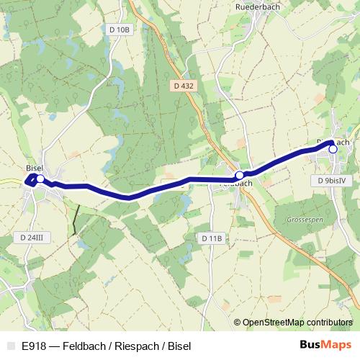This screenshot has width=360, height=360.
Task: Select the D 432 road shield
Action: coord(184,86)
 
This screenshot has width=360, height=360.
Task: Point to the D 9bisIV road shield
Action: coord(333,180)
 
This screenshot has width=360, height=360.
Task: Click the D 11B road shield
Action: coord(212,238)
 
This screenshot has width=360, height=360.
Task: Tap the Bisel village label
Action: coord(34,168)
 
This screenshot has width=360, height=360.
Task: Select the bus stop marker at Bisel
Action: coord(40,179)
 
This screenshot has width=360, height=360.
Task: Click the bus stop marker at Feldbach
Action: coord(239,175)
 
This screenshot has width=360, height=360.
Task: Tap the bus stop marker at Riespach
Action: coord(333,149)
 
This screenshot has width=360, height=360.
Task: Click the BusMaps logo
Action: coord(325,346)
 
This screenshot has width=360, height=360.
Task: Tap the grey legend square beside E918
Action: coord(10,346)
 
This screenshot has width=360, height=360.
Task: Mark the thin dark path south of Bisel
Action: coord(74,220)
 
